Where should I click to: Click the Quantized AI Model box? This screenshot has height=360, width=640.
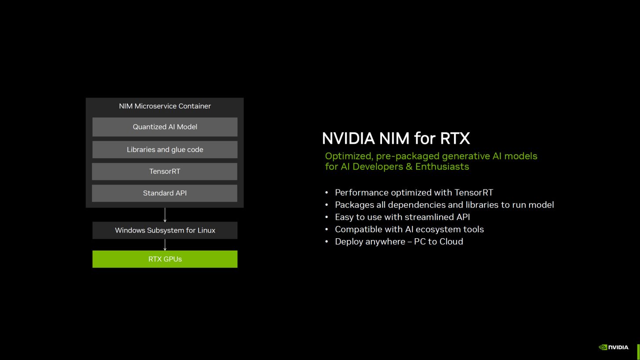click(x=165, y=127)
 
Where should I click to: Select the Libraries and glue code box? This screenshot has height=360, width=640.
click(x=165, y=149)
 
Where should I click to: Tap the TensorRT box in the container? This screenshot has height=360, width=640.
click(x=164, y=171)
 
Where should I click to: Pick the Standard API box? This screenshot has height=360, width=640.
click(x=164, y=193)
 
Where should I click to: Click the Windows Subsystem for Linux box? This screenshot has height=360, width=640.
click(x=165, y=230)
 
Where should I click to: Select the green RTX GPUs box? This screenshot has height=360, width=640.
click(x=165, y=259)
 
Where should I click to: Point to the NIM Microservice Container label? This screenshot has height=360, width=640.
click(x=165, y=106)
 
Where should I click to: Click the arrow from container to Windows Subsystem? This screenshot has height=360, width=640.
click(x=165, y=215)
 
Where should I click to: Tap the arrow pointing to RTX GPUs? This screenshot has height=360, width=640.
click(x=165, y=245)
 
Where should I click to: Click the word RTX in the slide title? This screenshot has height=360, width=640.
click(x=455, y=138)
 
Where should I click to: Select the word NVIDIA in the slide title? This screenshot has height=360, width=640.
click(x=348, y=138)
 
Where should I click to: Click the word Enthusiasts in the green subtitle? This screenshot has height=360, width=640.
click(x=442, y=167)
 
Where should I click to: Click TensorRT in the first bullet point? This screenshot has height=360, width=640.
click(x=474, y=193)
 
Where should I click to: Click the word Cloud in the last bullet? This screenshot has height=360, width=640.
click(x=451, y=242)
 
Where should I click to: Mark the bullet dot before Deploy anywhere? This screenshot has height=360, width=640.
click(x=327, y=242)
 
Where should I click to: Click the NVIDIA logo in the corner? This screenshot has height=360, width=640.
click(x=614, y=347)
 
